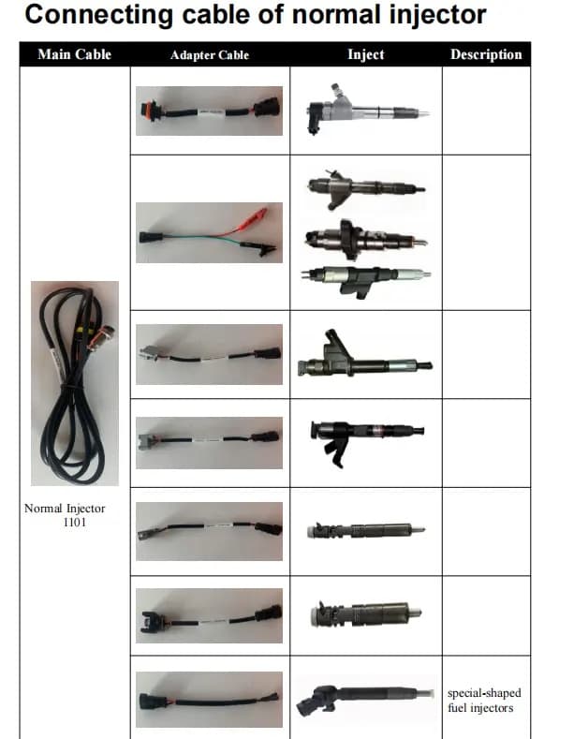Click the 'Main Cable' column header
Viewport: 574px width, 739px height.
tap(74, 54)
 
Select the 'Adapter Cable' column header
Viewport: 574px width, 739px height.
tap(210, 55)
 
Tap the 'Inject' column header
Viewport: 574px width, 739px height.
tap(365, 54)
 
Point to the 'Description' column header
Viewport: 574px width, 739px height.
tap(486, 54)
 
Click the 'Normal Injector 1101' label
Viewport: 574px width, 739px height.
tap(65, 515)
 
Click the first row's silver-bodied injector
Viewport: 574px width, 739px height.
tap(365, 111)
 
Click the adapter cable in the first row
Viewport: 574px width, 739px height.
tap(209, 110)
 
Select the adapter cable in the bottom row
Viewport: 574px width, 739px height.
tap(209, 698)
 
